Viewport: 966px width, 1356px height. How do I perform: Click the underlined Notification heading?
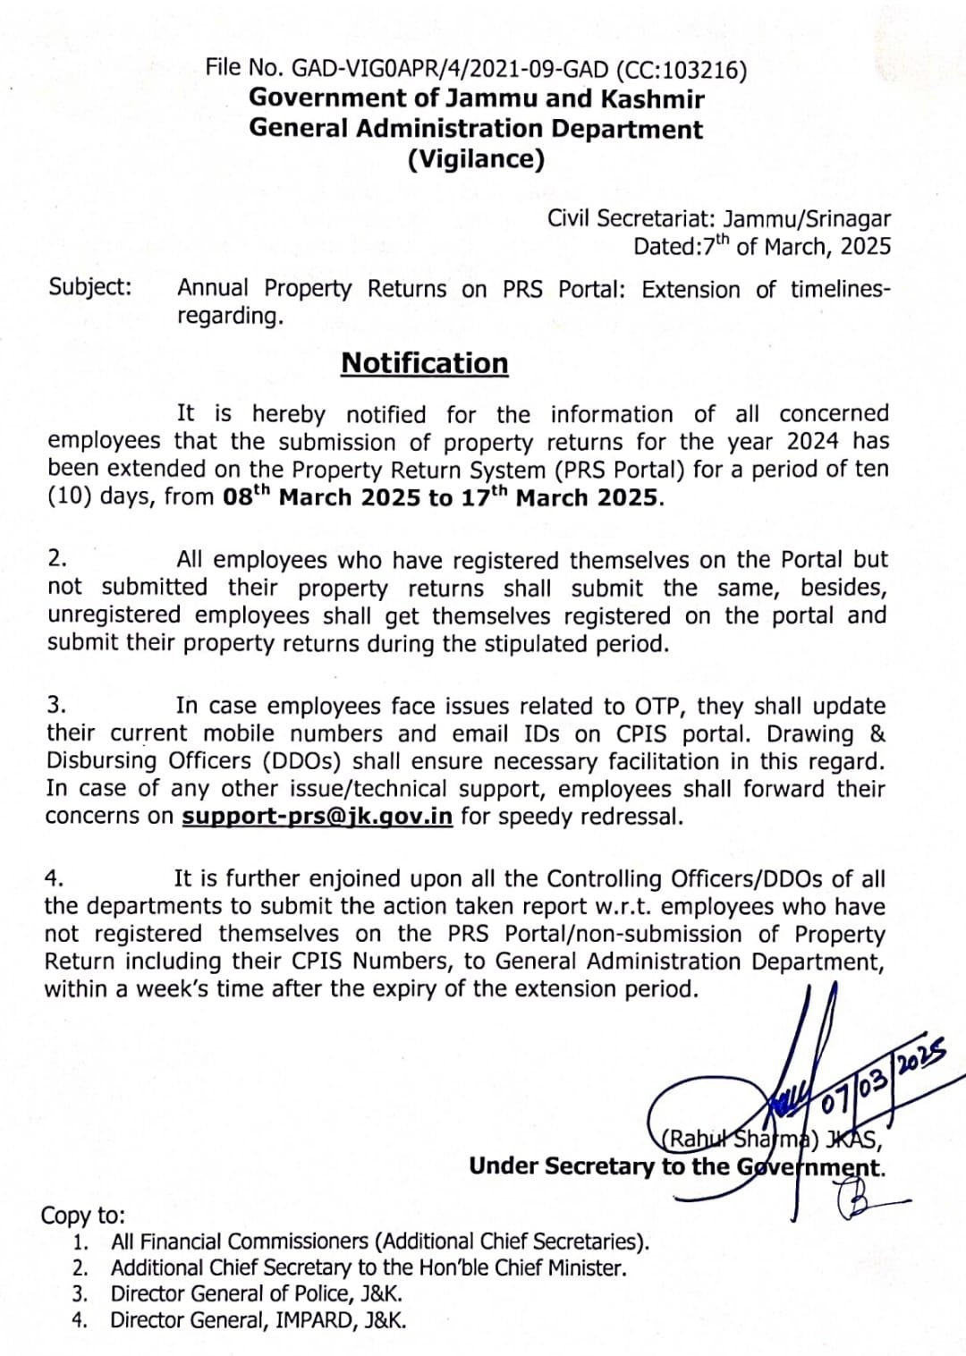coord(424,363)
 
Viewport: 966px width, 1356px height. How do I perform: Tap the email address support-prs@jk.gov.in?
coord(317,817)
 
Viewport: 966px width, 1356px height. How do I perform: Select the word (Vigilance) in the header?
coord(476,159)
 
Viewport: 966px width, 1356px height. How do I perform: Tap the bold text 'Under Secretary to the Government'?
coord(676,1166)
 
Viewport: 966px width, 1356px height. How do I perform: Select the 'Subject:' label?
coord(89,287)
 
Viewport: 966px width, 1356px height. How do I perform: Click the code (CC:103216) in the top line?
coord(681,70)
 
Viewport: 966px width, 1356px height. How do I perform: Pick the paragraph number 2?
coord(57,558)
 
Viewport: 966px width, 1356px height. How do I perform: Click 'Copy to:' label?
coord(82,1216)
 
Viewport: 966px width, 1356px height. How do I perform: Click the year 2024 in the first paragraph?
coord(813,442)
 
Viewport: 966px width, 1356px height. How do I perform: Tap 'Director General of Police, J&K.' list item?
coord(257,1293)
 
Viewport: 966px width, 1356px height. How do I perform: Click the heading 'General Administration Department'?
coord(476,129)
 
